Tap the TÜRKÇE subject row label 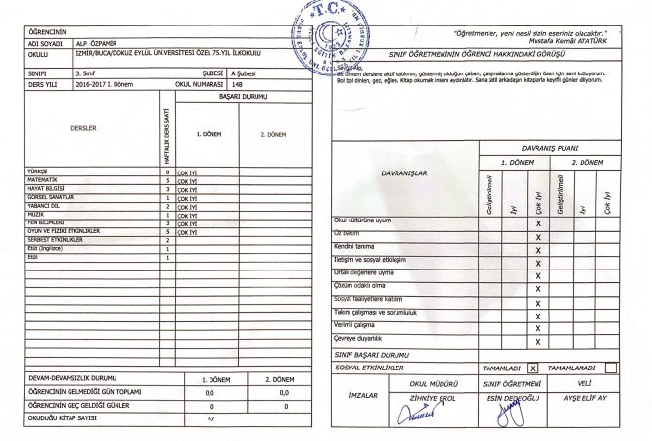(38, 171)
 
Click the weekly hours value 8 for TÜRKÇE (168, 171)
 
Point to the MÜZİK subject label (36, 213)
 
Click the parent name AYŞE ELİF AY (584, 399)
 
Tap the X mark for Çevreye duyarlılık (538, 342)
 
